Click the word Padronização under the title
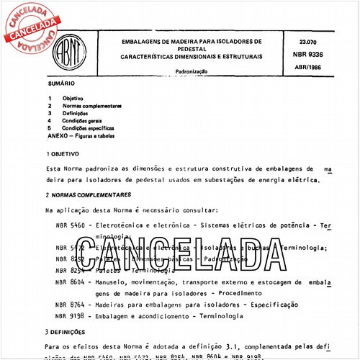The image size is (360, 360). pos(191,73)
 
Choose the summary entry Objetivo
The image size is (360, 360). pos(73,97)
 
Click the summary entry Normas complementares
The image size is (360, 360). pos(91,106)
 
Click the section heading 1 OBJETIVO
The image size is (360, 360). pos(63,153)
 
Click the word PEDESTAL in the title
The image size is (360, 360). pos(191,48)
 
